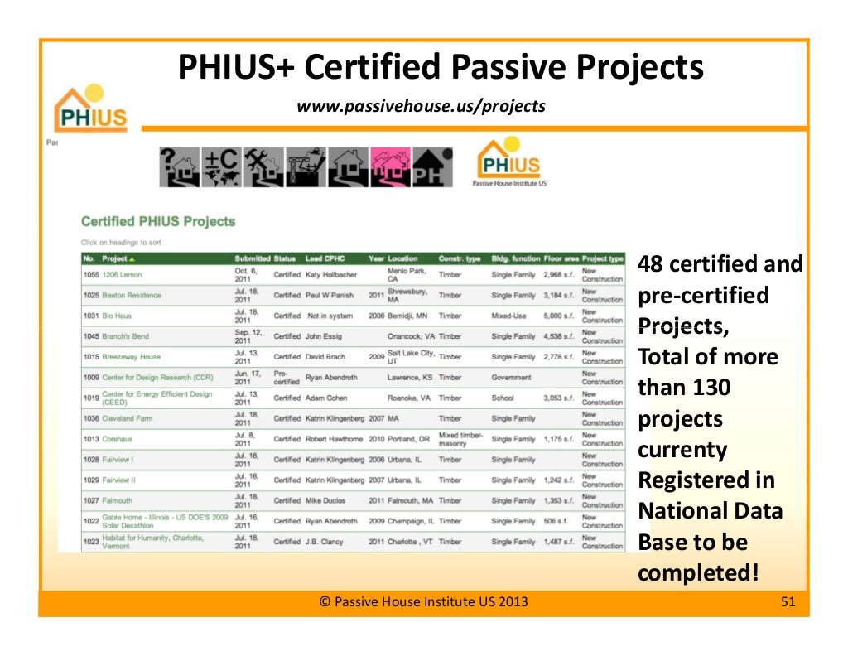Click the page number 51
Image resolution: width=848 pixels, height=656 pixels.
pyautogui.click(x=788, y=602)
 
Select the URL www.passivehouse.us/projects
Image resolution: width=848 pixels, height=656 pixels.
pyautogui.click(x=421, y=105)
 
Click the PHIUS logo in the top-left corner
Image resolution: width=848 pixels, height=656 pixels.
pyautogui.click(x=90, y=110)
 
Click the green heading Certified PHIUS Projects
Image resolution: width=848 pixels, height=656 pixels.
pyautogui.click(x=158, y=222)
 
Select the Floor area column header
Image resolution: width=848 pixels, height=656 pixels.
pyautogui.click(x=561, y=258)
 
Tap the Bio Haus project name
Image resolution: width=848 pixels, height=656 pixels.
pyautogui.click(x=117, y=316)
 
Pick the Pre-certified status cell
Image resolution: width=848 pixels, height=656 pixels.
pyautogui.click(x=286, y=377)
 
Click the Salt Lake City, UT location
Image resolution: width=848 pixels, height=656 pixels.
pyautogui.click(x=410, y=356)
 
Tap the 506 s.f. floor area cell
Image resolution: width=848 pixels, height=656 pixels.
pyautogui.click(x=555, y=521)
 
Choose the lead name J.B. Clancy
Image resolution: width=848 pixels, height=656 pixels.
pyautogui.click(x=329, y=542)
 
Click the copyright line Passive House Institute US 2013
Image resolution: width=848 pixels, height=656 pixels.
pyautogui.click(x=423, y=602)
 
